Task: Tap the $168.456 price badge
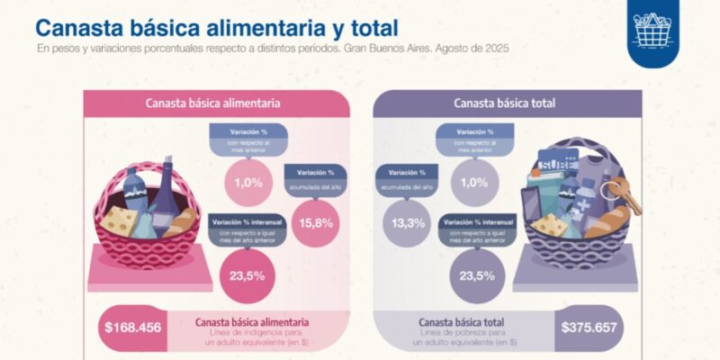pos(133,327)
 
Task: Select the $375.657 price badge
pos(588,327)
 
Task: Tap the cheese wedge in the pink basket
pos(119,218)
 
